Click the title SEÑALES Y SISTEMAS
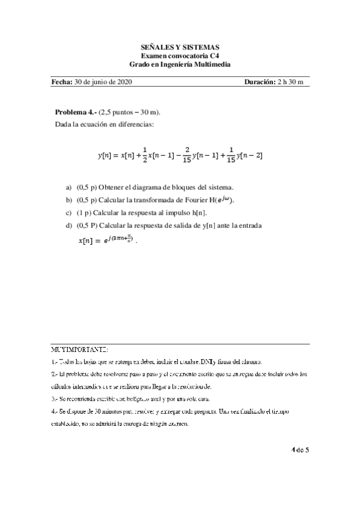[180, 46]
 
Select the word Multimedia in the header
[211, 64]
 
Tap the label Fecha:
[62, 82]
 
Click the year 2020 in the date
[124, 82]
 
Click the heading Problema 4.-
[76, 112]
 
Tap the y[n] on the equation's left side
[106, 155]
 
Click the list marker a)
[69, 187]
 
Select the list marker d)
[69, 225]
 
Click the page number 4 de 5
[299, 449]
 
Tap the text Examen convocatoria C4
[180, 55]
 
